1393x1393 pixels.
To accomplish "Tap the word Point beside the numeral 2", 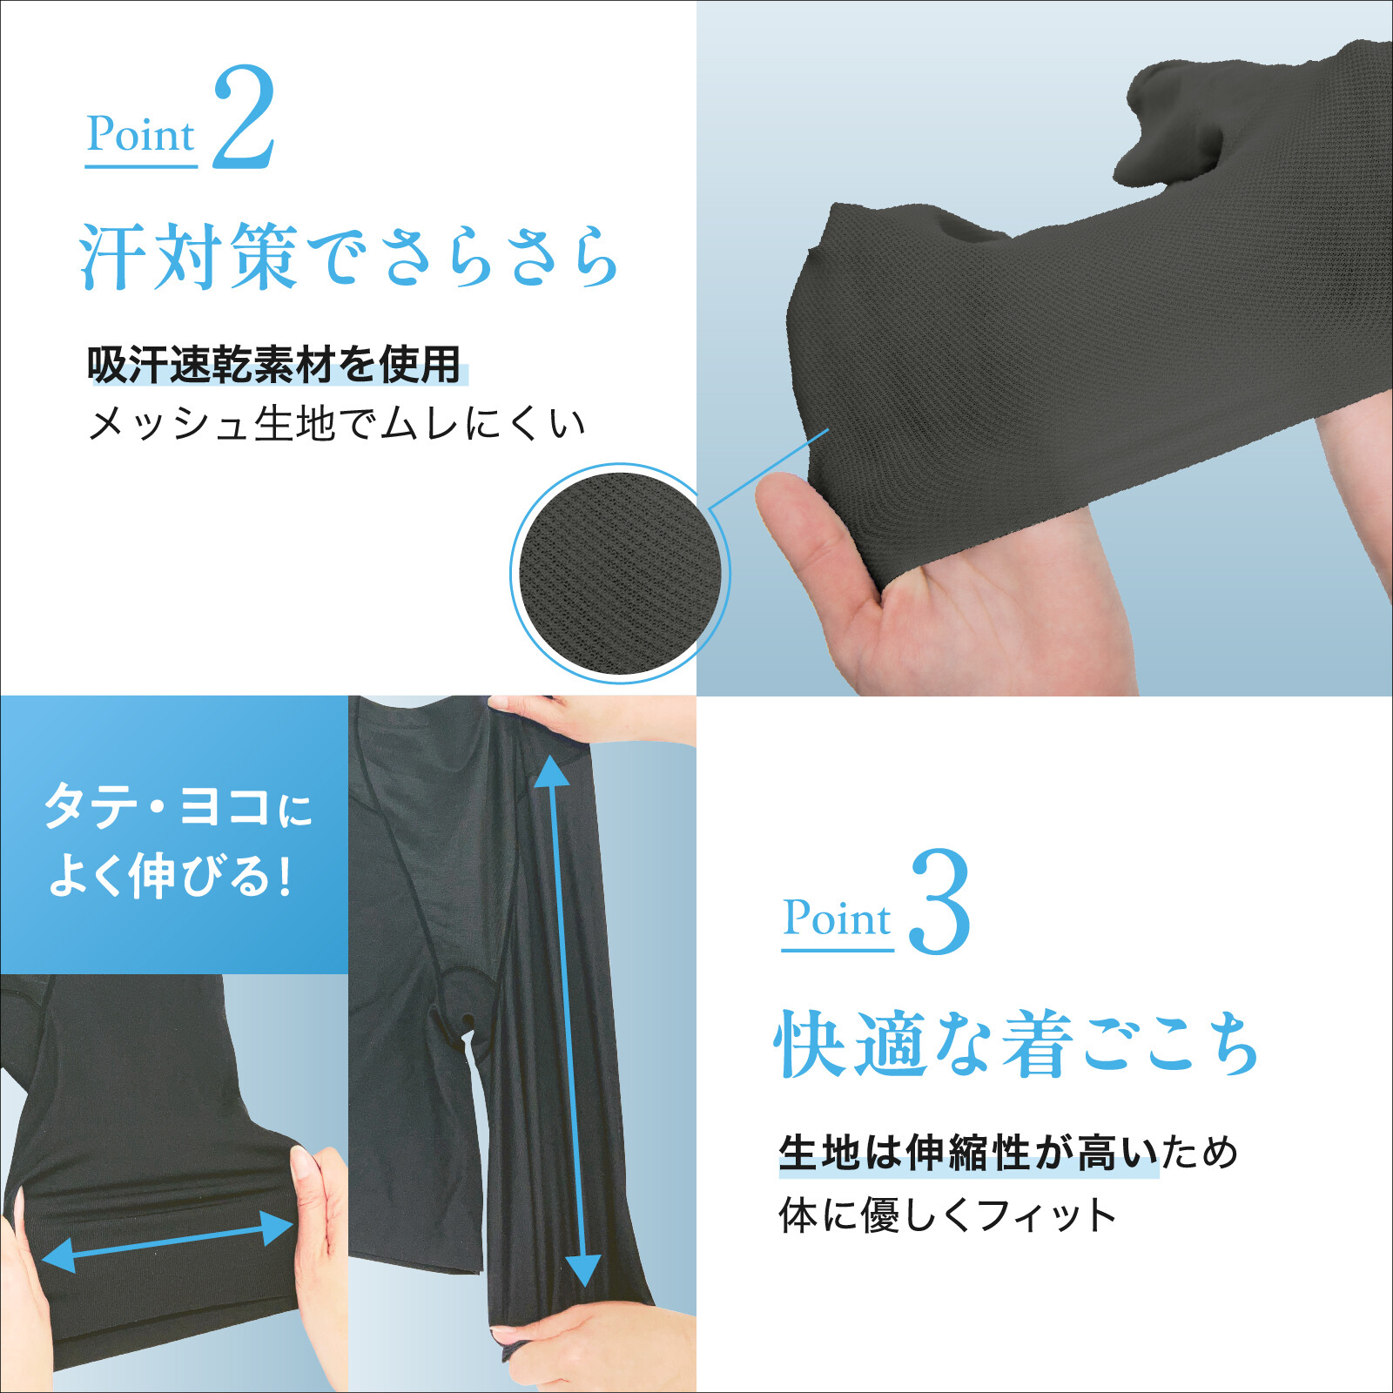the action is [x=140, y=135].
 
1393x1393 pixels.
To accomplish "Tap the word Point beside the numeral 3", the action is [x=837, y=919].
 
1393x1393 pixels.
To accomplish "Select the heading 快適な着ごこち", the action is [x=1016, y=1044].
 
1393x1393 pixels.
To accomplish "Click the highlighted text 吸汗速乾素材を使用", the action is [x=274, y=364].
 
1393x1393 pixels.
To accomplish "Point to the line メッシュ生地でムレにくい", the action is [x=337, y=424].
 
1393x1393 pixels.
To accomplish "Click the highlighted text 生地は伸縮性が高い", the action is [x=969, y=1153].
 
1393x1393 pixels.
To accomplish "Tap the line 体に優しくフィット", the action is [x=947, y=1215].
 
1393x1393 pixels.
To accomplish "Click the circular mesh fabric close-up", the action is [x=619, y=573].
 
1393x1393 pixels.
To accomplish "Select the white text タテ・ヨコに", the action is [x=178, y=806].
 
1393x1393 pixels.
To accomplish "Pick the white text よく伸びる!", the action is [x=170, y=876].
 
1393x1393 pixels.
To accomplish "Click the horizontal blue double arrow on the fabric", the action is [x=167, y=1242].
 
